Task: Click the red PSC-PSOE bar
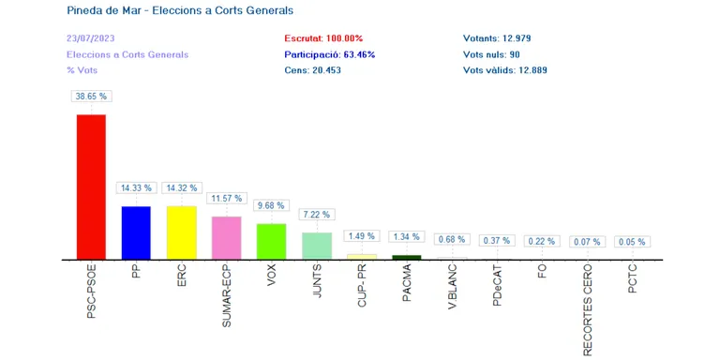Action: click(x=91, y=187)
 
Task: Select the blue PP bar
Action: click(x=136, y=232)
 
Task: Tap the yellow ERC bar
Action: click(x=181, y=232)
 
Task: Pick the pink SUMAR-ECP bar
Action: click(x=226, y=238)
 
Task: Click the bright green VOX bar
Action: click(x=271, y=242)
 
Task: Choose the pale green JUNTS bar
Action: click(x=317, y=247)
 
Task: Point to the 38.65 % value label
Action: click(x=91, y=97)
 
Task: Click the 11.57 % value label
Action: click(x=227, y=199)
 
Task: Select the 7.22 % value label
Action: click(x=317, y=215)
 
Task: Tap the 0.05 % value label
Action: click(x=632, y=242)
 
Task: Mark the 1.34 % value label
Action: click(x=407, y=236)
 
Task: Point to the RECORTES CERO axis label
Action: click(x=587, y=312)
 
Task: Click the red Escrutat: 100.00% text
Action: click(x=323, y=38)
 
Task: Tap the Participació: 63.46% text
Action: click(x=330, y=54)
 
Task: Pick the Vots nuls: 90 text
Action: click(x=491, y=54)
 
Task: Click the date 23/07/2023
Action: click(x=90, y=38)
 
